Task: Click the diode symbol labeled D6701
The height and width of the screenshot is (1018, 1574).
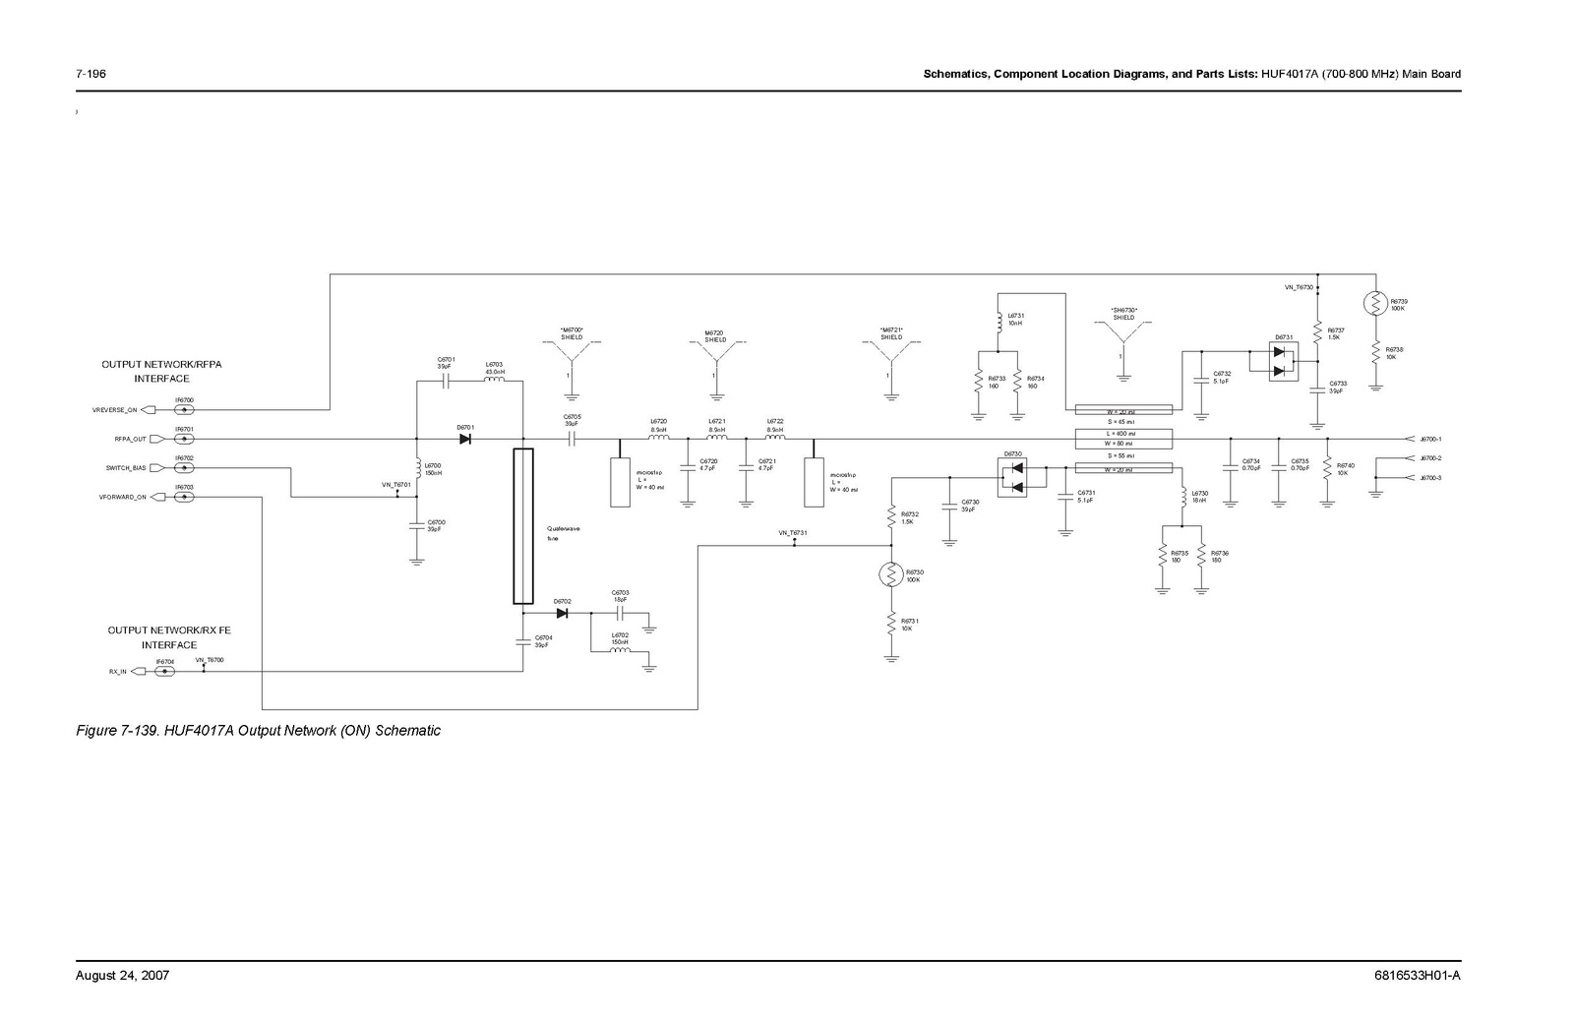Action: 464,439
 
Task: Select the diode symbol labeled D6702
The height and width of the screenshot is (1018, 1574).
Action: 562,613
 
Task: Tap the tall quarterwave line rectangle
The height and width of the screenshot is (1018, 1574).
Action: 523,526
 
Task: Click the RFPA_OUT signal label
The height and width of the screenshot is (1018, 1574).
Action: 129,440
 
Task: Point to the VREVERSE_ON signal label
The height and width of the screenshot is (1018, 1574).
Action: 115,410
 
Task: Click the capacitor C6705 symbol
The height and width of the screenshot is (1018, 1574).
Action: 572,439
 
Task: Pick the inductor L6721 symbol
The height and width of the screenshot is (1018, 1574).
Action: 717,438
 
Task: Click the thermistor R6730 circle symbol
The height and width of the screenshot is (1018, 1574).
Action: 891,575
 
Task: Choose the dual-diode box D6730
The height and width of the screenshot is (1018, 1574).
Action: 1011,478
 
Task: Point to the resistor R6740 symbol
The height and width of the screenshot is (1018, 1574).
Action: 1327,467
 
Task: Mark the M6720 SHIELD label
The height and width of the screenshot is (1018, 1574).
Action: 715,336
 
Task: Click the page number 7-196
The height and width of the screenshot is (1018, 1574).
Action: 91,74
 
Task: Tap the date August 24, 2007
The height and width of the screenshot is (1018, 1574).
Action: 123,976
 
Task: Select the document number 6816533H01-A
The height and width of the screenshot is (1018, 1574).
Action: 1417,976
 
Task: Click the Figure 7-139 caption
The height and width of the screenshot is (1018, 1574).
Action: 259,731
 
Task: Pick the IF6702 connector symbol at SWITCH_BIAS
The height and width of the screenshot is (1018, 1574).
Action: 184,468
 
